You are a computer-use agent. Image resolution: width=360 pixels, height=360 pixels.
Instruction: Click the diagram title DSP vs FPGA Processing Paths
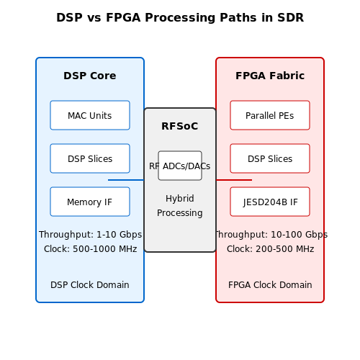[180, 17]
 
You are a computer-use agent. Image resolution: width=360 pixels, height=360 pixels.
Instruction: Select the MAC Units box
[90, 115]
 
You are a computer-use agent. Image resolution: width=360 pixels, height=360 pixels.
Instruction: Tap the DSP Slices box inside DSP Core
[90, 158]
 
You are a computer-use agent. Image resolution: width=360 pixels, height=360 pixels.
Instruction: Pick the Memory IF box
[90, 202]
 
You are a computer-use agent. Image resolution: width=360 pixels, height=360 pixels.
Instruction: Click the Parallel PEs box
[270, 115]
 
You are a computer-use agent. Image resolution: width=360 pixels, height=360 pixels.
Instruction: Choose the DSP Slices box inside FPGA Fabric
[270, 158]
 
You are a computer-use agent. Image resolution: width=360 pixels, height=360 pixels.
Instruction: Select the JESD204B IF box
[270, 202]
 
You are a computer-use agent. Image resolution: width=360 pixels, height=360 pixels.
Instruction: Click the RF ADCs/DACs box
[180, 166]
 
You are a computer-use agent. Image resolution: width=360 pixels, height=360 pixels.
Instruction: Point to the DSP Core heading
[90, 76]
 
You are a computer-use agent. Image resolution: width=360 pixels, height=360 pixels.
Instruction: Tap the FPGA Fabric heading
[270, 76]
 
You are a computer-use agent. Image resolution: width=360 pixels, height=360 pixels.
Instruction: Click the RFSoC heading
[180, 126]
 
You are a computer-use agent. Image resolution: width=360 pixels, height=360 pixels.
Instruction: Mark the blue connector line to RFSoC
[126, 180]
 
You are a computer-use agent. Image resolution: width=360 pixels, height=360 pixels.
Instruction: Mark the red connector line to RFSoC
[234, 180]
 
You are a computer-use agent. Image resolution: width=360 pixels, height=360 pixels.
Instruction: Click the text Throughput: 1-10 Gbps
[90, 235]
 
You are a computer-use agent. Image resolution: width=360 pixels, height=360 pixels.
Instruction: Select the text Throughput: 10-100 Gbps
[271, 235]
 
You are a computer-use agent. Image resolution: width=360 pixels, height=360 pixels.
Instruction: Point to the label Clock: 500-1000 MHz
[91, 249]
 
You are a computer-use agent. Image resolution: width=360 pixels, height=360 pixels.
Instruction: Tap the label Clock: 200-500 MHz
[271, 249]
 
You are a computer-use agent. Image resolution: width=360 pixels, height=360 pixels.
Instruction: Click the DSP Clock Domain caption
[90, 285]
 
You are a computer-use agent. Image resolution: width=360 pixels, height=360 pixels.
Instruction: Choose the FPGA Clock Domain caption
[270, 285]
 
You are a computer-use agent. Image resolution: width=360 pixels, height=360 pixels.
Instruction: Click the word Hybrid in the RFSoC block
[180, 199]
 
